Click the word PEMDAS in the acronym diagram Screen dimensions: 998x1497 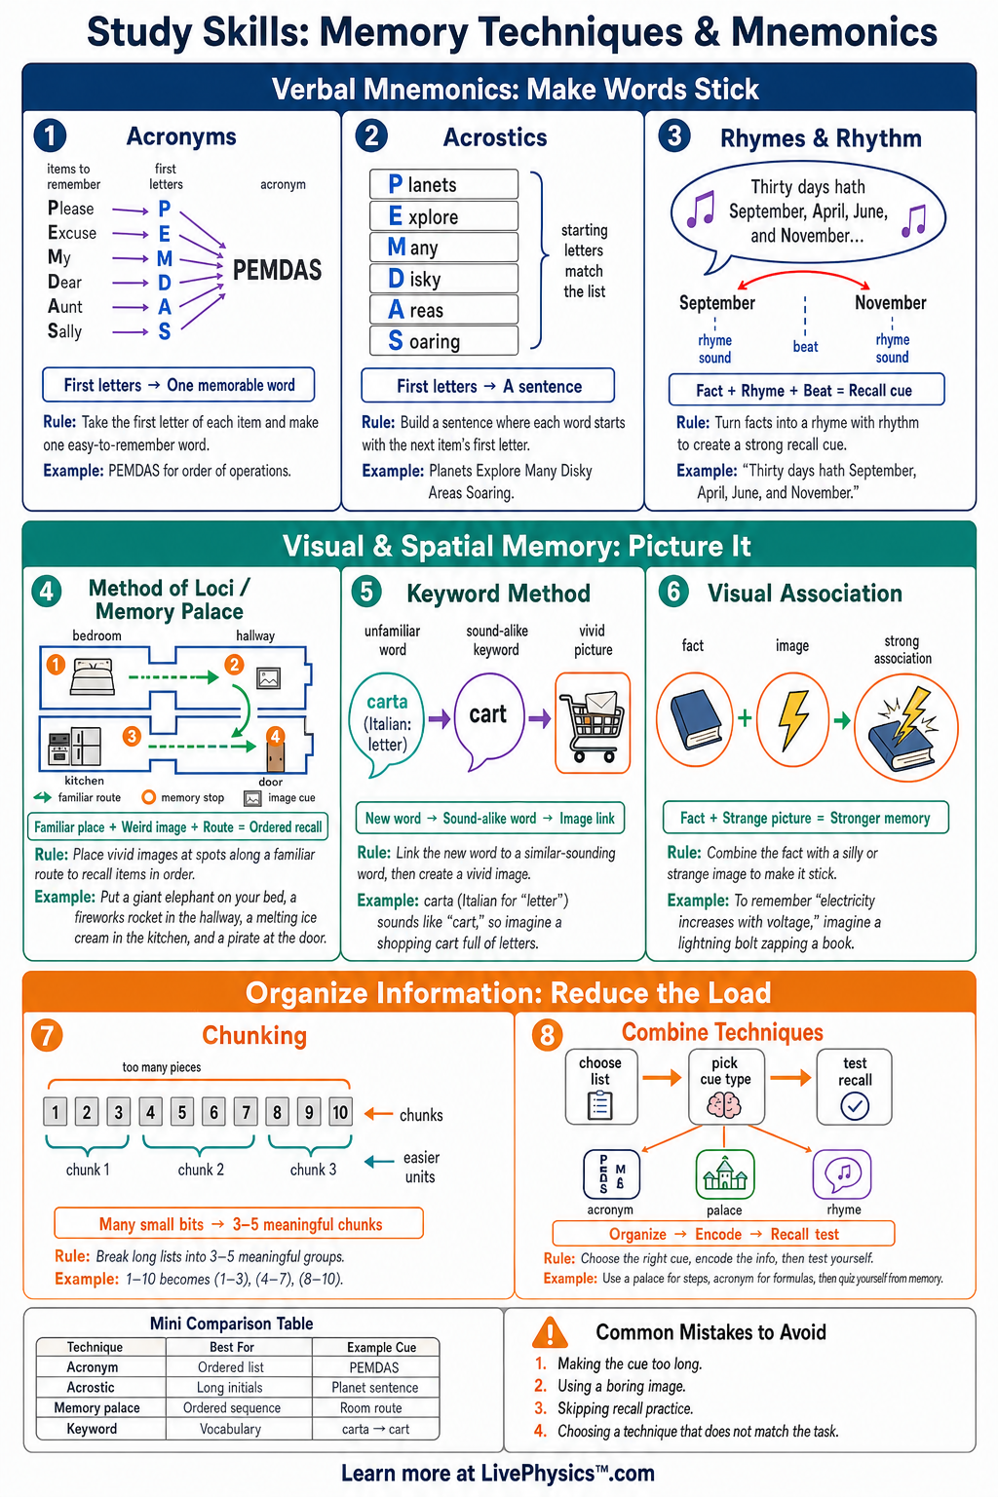277,270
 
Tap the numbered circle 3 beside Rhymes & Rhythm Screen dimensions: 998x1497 673,136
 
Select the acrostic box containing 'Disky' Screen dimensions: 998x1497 443,278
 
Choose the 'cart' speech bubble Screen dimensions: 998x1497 488,720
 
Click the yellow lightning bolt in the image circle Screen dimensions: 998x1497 793,719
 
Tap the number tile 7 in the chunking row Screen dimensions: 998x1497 246,1111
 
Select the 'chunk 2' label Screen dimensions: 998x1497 201,1170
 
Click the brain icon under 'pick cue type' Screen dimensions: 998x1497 724,1104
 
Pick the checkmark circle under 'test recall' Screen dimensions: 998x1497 855,1105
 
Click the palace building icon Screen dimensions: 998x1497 724,1174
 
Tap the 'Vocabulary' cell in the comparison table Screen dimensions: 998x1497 231,1429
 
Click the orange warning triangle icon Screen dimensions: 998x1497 550,1332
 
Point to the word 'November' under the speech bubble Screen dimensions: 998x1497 891,303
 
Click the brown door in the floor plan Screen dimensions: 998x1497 275,754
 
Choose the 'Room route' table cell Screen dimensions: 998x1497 371,1408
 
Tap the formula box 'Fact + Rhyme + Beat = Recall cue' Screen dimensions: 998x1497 806,390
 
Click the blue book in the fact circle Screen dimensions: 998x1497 695,719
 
